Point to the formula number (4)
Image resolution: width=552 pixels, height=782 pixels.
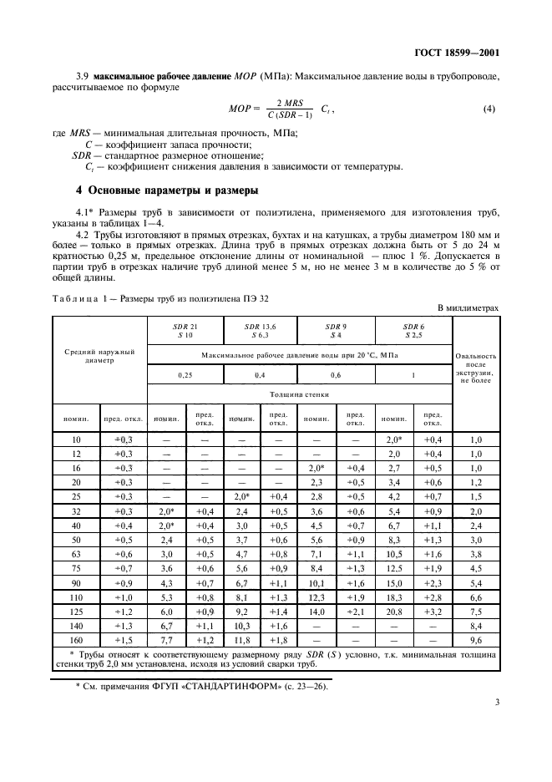(x=489, y=109)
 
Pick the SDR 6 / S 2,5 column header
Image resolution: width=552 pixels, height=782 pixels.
(x=413, y=330)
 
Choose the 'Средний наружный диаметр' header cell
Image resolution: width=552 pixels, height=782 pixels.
(x=99, y=357)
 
